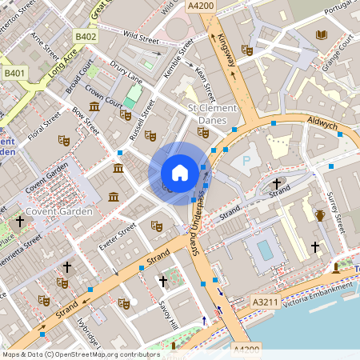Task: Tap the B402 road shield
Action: [86, 36]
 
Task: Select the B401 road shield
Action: [14, 73]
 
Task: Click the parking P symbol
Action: [246, 160]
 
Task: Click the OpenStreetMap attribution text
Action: [81, 354]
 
